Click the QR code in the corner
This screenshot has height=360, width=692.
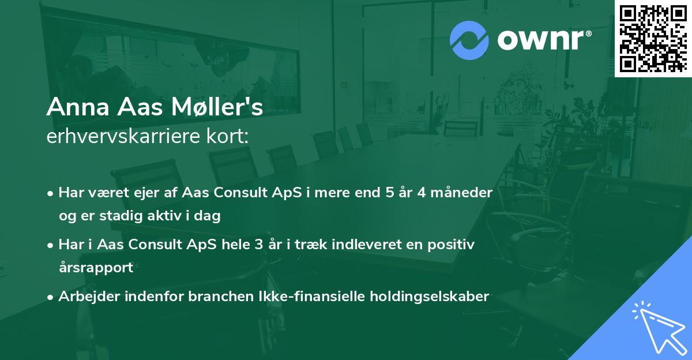[653, 38]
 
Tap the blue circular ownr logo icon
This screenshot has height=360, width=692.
[469, 40]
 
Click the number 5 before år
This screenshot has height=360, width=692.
[390, 193]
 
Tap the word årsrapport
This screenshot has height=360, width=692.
[96, 268]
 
